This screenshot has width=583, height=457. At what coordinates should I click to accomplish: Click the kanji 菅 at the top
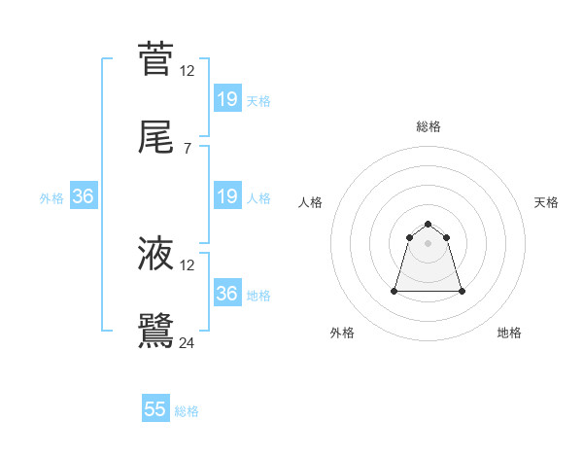pos(155,58)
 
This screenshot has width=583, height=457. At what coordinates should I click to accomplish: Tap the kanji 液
pos(155,253)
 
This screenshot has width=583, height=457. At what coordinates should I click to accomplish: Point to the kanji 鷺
pos(155,329)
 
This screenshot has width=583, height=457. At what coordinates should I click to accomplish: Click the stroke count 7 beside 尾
pos(188,148)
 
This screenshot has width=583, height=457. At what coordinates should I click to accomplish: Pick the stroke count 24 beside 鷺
pos(188,342)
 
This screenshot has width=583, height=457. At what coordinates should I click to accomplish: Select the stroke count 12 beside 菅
pos(188,70)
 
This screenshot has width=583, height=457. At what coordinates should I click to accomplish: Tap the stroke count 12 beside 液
pos(188,264)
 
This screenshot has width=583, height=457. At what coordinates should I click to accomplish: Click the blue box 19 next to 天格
pos(227,98)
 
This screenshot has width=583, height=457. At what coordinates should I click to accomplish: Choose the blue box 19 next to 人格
pos(227,196)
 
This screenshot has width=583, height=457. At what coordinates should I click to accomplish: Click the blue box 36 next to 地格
pos(227,293)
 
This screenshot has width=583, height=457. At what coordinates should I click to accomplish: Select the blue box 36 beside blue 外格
pos(84,196)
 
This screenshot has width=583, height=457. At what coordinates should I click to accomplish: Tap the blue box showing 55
pos(155,409)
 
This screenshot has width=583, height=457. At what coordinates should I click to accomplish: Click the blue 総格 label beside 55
pos(187,411)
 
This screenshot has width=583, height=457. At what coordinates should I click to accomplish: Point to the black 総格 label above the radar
pos(429,126)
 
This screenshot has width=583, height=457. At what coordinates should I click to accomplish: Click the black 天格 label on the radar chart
pos(546,202)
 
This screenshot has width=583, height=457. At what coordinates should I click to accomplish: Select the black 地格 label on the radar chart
pos(509,333)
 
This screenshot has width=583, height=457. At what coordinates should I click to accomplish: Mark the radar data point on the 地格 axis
pos(462,291)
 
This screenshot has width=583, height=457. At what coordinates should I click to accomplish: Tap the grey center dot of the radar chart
pos(429,243)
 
